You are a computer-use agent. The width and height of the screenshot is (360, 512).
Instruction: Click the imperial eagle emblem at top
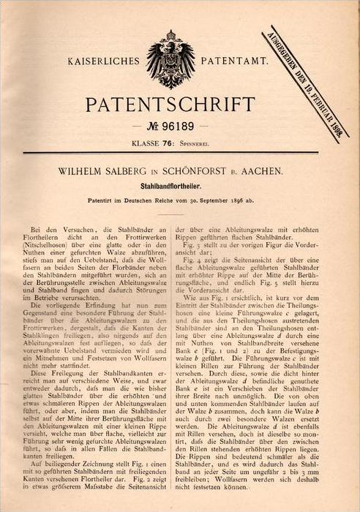tap(170, 59)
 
